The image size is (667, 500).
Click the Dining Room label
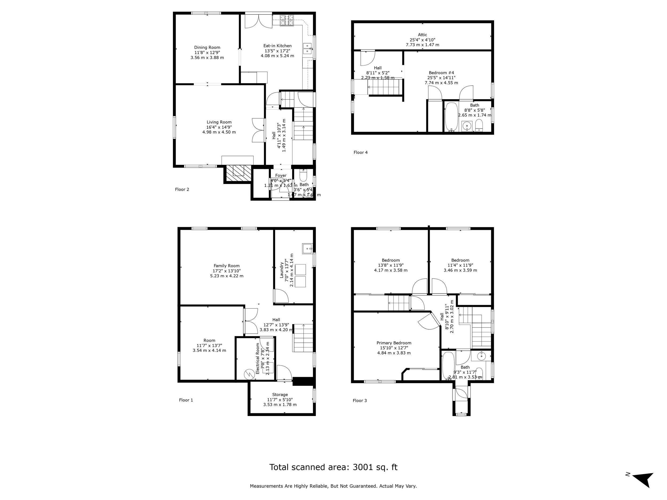point(207,47)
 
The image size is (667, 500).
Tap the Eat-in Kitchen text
point(277,46)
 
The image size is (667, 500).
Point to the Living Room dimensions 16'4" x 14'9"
point(219,127)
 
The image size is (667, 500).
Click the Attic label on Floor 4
point(422,35)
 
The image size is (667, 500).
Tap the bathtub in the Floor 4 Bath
point(451,117)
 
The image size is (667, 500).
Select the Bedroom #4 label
point(441,73)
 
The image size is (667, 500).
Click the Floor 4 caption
point(360,153)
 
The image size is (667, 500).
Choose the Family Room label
point(227,266)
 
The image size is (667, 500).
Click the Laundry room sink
point(307,249)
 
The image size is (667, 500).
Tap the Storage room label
point(280,394)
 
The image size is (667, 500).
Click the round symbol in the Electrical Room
point(249,375)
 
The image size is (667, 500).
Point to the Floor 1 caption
point(186,400)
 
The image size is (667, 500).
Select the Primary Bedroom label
point(394,343)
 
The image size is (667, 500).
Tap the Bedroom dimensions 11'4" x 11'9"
point(460,265)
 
